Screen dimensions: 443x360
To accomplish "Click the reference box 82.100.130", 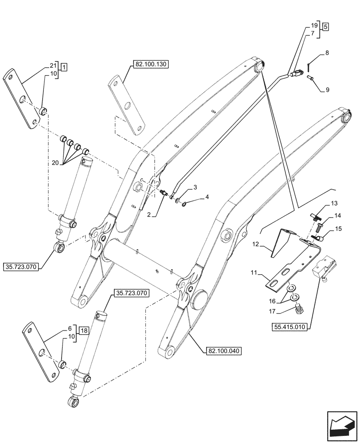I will point(150,64).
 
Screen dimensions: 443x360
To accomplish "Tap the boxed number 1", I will point(64,68).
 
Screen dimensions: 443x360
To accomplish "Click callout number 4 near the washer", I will point(207,197).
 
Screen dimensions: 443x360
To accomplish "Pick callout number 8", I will point(327,53).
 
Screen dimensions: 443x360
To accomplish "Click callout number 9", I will point(327,90).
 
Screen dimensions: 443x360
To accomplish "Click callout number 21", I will point(53,65).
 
